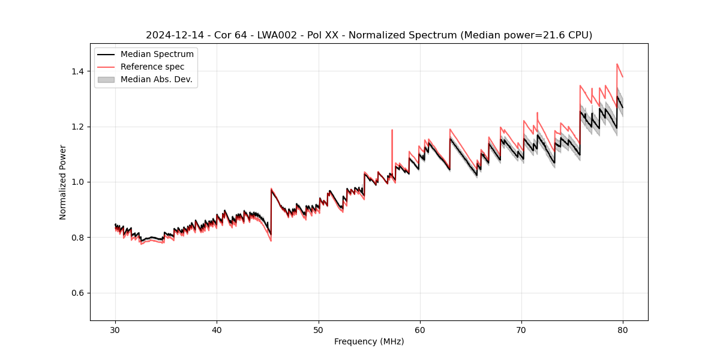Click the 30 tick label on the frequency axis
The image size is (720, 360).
tap(115, 330)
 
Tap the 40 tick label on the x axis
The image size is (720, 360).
tap(217, 330)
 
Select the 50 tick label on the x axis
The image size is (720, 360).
tap(318, 330)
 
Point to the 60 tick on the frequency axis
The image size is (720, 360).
tap(420, 330)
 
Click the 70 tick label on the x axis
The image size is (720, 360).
tap(521, 330)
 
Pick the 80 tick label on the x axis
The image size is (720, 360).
tap(623, 330)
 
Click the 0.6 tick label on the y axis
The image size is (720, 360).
tap(78, 293)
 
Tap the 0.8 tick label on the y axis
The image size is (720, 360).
tap(78, 238)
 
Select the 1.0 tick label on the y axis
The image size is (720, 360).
tap(78, 182)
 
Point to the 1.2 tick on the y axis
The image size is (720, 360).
tap(78, 127)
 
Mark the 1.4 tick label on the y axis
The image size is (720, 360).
tap(78, 71)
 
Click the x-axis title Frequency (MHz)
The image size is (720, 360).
tap(369, 341)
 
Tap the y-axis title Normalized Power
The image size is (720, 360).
tap(63, 182)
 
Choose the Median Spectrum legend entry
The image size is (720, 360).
tap(157, 55)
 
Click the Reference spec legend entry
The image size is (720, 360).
tap(152, 67)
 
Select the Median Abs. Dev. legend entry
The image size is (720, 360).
tap(156, 79)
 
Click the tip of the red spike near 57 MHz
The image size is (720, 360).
tap(392, 130)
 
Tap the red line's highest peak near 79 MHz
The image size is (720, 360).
tap(617, 64)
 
